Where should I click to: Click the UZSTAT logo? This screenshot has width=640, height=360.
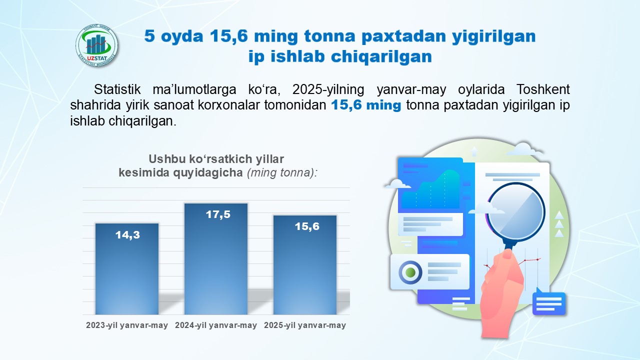tap(96, 45)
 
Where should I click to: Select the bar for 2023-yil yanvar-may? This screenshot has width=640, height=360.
tap(127, 269)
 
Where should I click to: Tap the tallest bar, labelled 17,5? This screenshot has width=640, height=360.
tap(216, 259)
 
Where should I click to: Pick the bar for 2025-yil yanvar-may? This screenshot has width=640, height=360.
tap(305, 265)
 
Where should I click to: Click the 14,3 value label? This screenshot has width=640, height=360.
tap(127, 235)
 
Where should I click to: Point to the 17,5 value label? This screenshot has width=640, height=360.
tap(218, 214)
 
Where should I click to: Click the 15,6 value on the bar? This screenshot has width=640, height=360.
tap(307, 226)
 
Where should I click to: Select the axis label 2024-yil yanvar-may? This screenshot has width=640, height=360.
tap(216, 325)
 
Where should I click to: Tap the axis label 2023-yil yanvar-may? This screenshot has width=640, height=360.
tap(127, 325)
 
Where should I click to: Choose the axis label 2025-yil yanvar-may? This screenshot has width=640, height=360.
tap(305, 325)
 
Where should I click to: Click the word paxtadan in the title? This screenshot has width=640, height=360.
tap(403, 36)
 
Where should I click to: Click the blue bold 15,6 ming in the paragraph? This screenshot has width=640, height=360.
tap(366, 105)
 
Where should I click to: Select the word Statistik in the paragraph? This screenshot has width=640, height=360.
tap(117, 89)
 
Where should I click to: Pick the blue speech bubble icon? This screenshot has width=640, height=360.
tap(549, 302)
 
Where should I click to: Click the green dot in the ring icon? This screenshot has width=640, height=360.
tap(410, 272)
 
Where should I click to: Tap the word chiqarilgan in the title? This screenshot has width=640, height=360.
tap(381, 56)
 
